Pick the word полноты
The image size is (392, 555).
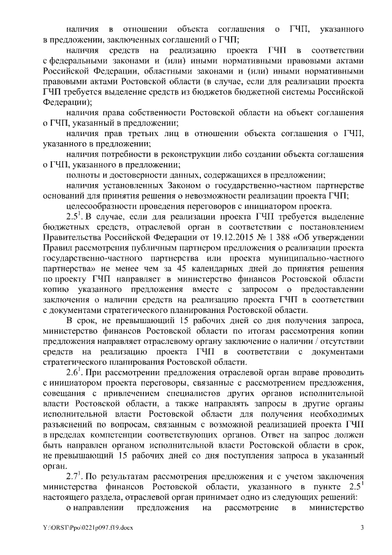tap(81, 175)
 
